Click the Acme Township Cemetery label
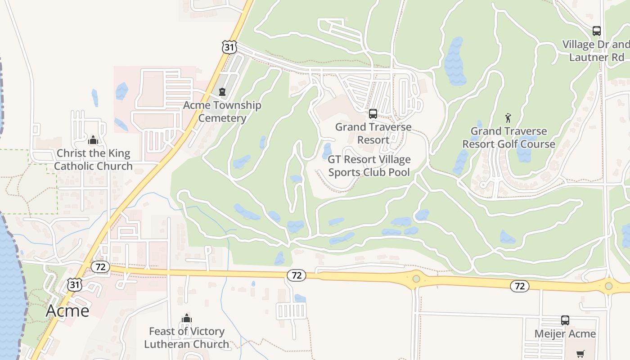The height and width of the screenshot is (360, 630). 222,112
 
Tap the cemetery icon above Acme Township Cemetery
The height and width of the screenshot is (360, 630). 222,92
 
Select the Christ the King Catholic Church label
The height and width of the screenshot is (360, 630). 93,160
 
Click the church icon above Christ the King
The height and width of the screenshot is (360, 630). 93,140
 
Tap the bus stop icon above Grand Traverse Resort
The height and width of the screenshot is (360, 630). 373,113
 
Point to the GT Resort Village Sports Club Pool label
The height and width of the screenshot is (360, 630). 369,166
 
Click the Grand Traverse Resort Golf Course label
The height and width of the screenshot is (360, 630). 508,138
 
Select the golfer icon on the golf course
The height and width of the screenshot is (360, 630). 508,118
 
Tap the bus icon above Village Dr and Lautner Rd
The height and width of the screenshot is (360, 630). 596,31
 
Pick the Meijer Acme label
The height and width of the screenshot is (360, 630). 565,334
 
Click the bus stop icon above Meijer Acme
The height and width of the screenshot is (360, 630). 565,320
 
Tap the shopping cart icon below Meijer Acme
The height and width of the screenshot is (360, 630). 580,354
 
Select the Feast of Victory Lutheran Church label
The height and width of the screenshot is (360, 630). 186,338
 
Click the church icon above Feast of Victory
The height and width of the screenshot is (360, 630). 186,319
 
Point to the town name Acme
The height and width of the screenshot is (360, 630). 67,310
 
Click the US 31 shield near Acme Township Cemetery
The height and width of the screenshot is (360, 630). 229,46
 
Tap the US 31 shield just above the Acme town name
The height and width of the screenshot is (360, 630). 75,284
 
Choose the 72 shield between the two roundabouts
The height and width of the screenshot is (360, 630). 520,286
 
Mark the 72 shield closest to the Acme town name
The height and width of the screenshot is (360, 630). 100,267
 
